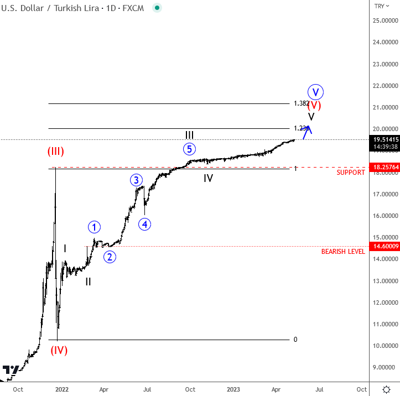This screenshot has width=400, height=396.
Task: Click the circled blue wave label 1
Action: point(94,227)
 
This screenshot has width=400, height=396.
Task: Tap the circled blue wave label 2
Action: point(110,257)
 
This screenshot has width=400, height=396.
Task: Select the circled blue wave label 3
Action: point(136,180)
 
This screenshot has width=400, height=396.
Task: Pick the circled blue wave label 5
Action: point(189,149)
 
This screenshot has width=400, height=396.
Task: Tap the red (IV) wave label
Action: point(59,350)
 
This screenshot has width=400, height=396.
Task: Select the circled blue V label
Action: point(315,91)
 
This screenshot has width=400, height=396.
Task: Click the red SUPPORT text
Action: point(351,173)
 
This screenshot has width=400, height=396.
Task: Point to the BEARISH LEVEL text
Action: point(343,252)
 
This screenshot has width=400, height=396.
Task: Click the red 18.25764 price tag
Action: point(383,167)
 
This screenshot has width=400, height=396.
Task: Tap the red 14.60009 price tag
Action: point(383,246)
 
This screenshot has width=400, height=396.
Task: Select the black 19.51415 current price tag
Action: point(383,139)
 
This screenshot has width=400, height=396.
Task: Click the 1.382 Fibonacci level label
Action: point(302,103)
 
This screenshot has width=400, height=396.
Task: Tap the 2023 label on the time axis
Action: point(233,389)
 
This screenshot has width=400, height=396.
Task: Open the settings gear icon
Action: point(387,388)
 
